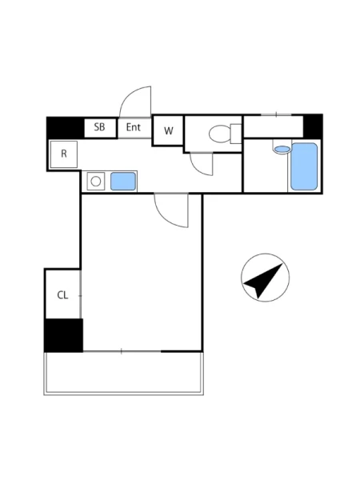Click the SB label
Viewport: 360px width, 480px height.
[99, 127]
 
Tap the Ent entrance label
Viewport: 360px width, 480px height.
[134, 127]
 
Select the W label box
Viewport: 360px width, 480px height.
[168, 130]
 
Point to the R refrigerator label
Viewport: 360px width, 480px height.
[64, 154]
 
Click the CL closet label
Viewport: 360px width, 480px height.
[62, 295]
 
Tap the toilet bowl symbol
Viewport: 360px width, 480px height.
[220, 134]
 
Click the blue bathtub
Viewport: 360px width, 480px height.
[304, 166]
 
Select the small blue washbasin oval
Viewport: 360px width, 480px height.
[282, 150]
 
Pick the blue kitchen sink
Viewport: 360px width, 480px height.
[123, 182]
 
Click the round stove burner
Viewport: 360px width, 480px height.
[96, 182]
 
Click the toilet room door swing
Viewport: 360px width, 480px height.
[198, 168]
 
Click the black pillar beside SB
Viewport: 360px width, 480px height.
[66, 128]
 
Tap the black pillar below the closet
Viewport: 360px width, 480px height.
[64, 335]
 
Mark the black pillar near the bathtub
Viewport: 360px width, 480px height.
[313, 126]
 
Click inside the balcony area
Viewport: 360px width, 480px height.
[124, 372]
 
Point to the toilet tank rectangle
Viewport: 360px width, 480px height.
[236, 134]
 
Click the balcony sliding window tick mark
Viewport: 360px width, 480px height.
[122, 351]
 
